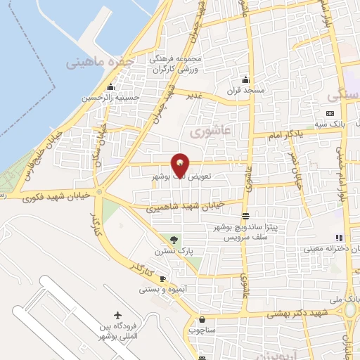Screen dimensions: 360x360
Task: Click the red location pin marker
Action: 181,164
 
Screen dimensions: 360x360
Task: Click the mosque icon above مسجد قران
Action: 245,79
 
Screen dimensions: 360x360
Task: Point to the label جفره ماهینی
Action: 101,63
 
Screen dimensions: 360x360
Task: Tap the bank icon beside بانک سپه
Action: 330,115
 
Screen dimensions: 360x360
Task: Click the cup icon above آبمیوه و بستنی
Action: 162,278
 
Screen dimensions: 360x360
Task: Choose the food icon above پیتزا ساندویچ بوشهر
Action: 245,217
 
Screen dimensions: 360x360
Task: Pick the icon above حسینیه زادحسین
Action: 110,88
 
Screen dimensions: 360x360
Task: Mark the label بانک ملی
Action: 347,298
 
